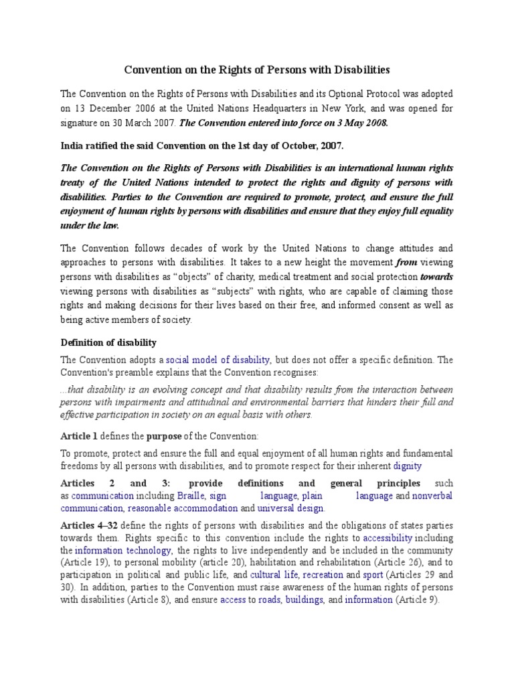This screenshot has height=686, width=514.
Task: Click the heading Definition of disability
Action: tap(108, 343)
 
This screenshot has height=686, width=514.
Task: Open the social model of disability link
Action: tap(218, 360)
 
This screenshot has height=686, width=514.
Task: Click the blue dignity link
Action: tap(407, 466)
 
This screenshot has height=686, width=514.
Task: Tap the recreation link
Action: tap(325, 575)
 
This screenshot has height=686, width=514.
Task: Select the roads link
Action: tap(270, 600)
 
